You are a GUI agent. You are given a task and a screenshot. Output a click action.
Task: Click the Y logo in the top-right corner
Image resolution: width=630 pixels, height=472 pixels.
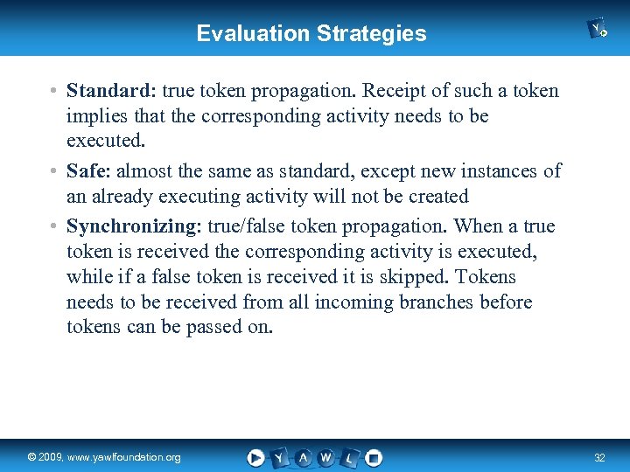598,30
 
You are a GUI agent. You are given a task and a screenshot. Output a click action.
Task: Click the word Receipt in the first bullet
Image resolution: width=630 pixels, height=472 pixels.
394,91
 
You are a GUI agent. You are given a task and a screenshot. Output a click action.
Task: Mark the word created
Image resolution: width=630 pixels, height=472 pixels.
436,197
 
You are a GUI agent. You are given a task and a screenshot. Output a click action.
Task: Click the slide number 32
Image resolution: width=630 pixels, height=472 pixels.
599,458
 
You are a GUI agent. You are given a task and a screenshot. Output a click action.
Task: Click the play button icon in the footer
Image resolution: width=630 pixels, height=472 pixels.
255,457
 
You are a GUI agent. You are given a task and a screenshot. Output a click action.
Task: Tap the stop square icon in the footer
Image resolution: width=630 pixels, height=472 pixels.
373,457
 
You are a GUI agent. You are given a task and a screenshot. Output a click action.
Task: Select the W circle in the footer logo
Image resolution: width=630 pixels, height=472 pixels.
325,457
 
